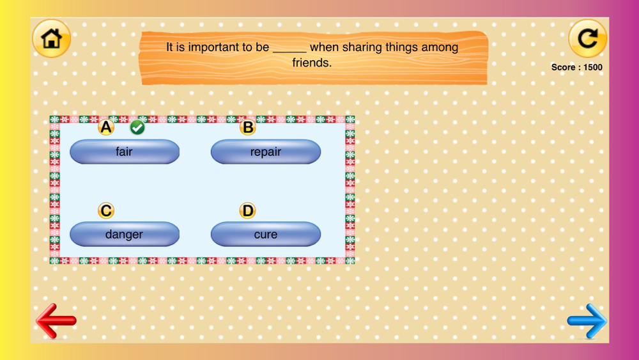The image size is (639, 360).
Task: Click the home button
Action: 51,39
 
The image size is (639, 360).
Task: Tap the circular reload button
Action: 588,39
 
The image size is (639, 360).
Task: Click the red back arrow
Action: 56,321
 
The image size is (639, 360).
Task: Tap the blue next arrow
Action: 587,321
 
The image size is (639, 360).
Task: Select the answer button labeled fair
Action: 125,152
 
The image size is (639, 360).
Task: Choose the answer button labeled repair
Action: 266,152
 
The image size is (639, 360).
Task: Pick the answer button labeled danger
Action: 125,234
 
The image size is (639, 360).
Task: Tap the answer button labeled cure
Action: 266,234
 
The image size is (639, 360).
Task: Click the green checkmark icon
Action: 137,128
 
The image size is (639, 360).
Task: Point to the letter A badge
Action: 106,127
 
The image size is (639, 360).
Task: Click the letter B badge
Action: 247,127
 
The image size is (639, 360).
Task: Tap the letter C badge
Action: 106,211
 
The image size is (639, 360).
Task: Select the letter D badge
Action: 247,211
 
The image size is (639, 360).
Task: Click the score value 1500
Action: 592,67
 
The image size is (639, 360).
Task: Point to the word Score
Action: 563,67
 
